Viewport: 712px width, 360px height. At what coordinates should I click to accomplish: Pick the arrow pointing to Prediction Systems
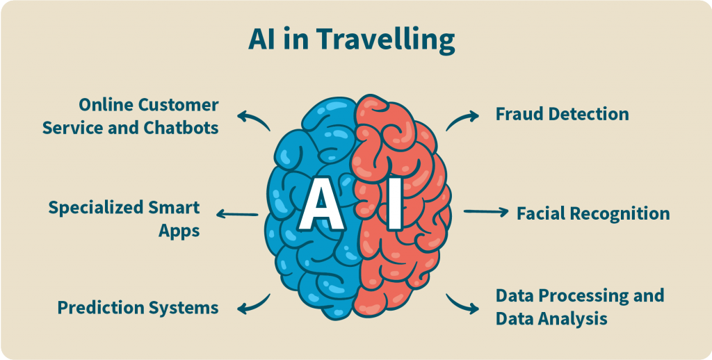click(x=253, y=303)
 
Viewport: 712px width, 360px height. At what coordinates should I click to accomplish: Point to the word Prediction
click(x=101, y=307)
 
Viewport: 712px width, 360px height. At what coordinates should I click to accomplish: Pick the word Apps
click(x=179, y=231)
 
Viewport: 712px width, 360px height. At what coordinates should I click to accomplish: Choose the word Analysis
click(x=572, y=319)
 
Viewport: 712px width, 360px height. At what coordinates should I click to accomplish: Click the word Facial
click(x=541, y=213)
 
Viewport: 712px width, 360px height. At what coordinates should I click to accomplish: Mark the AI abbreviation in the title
click(x=261, y=41)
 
